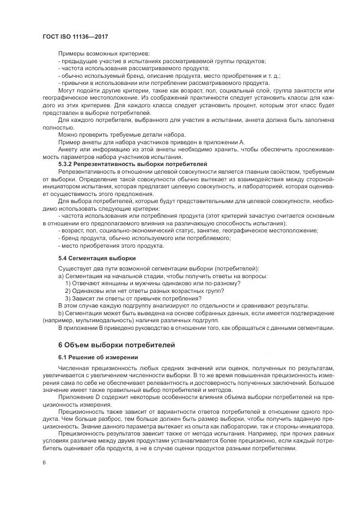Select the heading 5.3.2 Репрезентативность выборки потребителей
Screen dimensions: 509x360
[132, 163]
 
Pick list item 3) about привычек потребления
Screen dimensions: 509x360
[133, 298]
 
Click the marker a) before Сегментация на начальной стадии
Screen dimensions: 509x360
[60, 275]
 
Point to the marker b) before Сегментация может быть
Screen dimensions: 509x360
[60, 312]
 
